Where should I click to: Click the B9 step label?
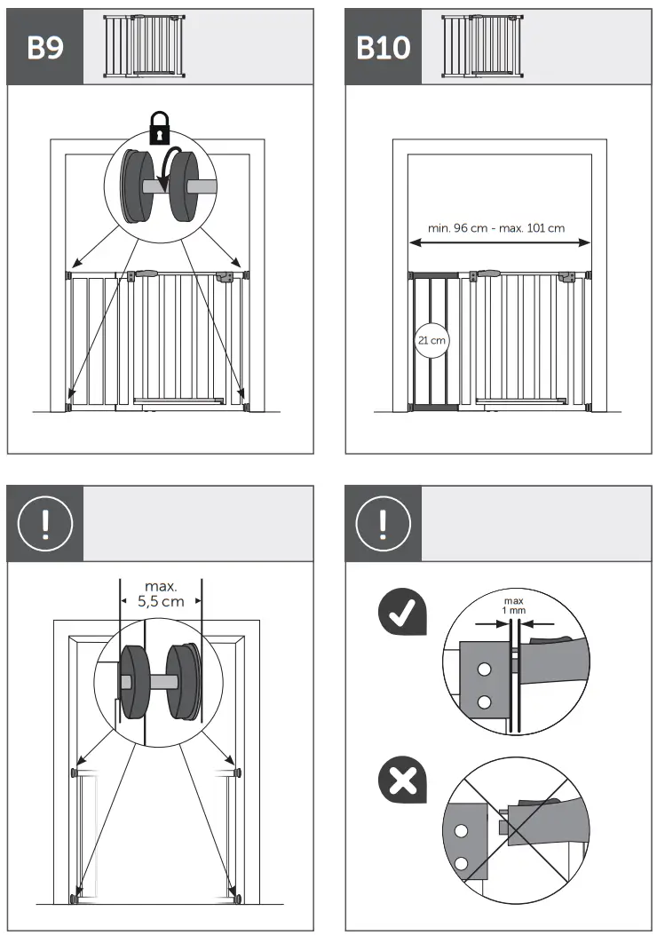pyautogui.click(x=45, y=47)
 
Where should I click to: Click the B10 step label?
pyautogui.click(x=384, y=47)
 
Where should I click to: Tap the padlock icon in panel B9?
pyautogui.click(x=159, y=127)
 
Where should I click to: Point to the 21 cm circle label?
pyautogui.click(x=431, y=339)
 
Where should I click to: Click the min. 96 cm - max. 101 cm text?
pyautogui.click(x=496, y=228)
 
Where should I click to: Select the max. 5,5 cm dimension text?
pyautogui.click(x=161, y=593)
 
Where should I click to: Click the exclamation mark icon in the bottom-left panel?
pyautogui.click(x=45, y=524)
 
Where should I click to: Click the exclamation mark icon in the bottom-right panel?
pyautogui.click(x=384, y=524)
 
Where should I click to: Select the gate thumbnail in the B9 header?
pyautogui.click(x=145, y=47)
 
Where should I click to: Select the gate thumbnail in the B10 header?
pyautogui.click(x=483, y=47)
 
